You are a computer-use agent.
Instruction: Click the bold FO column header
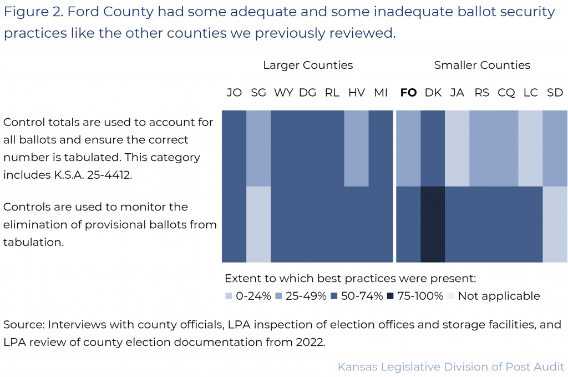pos(408,93)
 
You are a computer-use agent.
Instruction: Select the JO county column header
pos(234,93)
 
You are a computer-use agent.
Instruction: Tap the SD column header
pos(555,93)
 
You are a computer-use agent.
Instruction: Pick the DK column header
pos(433,93)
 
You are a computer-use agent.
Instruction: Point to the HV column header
pos(356,93)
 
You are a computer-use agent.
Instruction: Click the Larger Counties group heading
pos(308,66)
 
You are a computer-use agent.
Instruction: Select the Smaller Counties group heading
pos(482,66)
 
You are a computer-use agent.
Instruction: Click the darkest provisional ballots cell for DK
pos(433,224)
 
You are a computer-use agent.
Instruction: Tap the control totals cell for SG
pos(258,148)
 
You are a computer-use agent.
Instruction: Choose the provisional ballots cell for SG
pos(258,224)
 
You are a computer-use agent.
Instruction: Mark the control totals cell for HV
pos(356,148)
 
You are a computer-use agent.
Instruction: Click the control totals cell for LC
pos(530,148)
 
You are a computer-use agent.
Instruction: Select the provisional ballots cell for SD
pos(555,224)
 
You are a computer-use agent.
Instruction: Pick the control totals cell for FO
pos(408,148)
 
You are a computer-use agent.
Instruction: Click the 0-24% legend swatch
pos(229,296)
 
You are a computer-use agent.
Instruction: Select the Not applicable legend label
pos(499,296)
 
